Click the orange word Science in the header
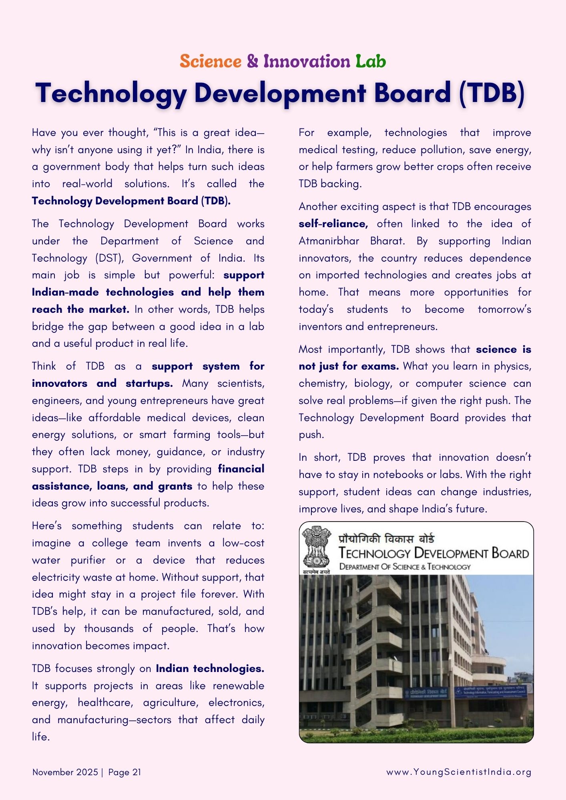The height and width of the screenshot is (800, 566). tap(211, 61)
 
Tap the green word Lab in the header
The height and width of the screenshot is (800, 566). tap(371, 61)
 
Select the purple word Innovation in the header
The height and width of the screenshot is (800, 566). tap(307, 61)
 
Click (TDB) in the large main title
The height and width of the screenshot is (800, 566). tap(492, 93)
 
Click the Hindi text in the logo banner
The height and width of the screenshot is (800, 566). tap(387, 539)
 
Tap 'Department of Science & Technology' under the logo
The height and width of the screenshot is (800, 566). tap(405, 567)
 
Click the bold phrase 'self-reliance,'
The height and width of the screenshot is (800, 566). tap(333, 224)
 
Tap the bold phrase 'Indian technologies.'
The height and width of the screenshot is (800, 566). tap(210, 668)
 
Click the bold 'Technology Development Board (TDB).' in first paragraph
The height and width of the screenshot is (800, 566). tap(131, 201)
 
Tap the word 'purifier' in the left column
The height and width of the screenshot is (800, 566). tap(88, 560)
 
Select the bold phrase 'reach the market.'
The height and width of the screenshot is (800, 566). tap(80, 309)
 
